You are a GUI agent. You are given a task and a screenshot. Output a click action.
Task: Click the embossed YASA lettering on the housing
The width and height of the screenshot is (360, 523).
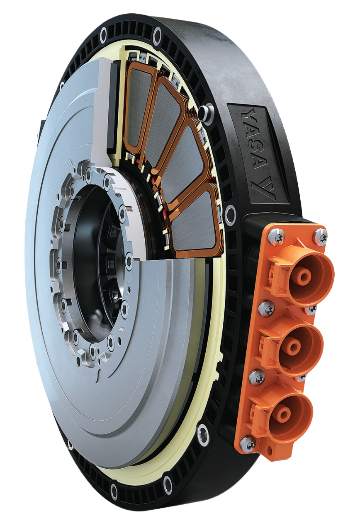[x=254, y=139]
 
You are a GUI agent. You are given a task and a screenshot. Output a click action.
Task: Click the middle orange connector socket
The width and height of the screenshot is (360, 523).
[x=300, y=344]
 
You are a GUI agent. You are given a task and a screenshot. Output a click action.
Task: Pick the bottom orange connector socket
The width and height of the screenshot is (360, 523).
[x=289, y=412]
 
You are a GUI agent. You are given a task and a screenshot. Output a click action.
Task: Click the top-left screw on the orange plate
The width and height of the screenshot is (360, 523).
[x=276, y=237]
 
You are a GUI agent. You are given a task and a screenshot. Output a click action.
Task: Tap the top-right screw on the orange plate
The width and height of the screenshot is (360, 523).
[x=320, y=237]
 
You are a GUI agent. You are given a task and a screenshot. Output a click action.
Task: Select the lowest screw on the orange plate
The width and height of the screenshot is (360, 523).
[x=248, y=444]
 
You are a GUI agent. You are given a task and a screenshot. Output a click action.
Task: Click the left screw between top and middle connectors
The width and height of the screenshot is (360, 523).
[x=266, y=309]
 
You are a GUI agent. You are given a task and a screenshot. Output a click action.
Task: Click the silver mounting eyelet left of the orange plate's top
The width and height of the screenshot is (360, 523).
[x=230, y=215]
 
